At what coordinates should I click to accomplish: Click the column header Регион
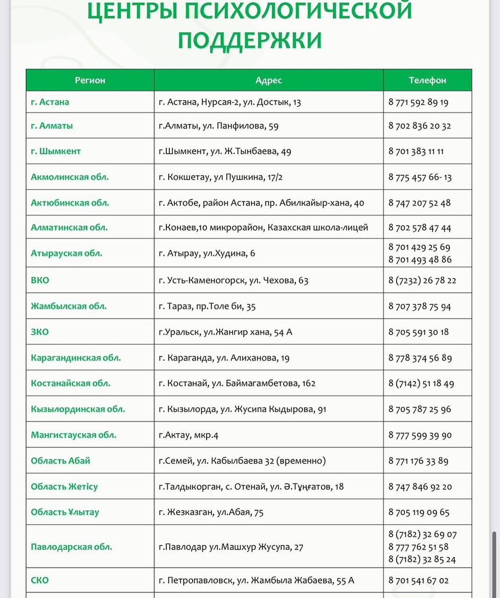pos(90,80)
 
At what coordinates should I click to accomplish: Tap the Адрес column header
pos(268,80)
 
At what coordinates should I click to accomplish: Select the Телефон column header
pos(427,80)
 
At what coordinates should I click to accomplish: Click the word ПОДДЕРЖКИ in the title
pos(250,39)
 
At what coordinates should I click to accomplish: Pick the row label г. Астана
pos(50,102)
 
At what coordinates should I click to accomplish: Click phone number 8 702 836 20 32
pos(419,126)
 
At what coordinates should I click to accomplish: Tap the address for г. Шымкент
pos(225,151)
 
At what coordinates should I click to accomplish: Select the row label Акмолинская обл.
pos(70,177)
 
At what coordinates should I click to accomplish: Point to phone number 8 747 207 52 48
pos(419,203)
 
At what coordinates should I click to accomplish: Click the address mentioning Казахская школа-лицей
pos(263,228)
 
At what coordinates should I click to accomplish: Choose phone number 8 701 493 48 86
pos(420,259)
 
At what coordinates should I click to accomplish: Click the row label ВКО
pos(40,280)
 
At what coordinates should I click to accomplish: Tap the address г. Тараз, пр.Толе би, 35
pos(207,306)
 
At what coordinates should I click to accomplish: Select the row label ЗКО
pos(40,332)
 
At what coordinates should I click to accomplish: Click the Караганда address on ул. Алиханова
pos(224,358)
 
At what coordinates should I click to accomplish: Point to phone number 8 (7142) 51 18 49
pos(421,384)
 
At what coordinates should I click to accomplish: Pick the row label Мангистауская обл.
pos(73,435)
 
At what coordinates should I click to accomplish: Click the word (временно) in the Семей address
pos(301,461)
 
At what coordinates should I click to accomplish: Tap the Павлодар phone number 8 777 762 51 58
pos(418,547)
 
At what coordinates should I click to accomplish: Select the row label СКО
pos(40,580)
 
